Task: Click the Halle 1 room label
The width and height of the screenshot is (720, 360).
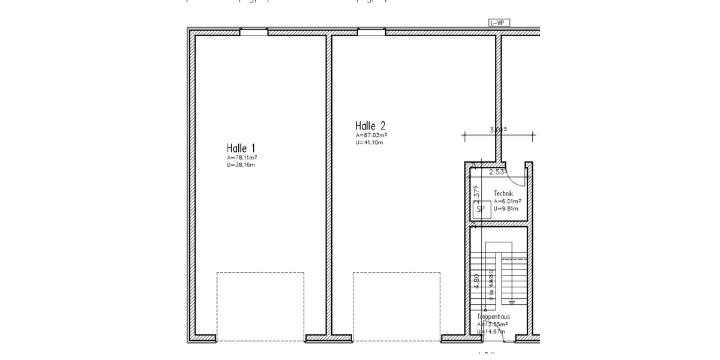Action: coord(241,148)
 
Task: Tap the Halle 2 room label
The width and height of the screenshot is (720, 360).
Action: coord(370,126)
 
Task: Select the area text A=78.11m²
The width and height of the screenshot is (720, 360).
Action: coord(242,158)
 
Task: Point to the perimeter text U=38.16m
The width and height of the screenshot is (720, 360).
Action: coord(241,164)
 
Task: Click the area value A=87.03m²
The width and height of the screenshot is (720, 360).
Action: coord(371,136)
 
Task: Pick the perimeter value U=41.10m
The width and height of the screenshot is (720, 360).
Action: coord(370,142)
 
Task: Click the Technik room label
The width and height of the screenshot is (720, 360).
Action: coord(503,193)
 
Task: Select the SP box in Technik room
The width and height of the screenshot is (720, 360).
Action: coord(480,209)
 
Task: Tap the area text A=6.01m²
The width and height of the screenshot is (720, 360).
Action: coord(507,202)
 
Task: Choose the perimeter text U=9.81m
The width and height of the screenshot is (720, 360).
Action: coord(506,209)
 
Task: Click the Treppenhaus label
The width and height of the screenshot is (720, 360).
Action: coord(493,316)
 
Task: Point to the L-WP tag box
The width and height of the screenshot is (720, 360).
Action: coord(499,23)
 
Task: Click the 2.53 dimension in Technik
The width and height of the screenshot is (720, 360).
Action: coord(498,172)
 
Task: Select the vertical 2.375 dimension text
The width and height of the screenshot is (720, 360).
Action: coord(476,196)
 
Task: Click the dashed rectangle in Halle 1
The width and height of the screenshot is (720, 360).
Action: coord(260,306)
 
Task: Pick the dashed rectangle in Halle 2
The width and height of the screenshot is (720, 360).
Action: coord(397,306)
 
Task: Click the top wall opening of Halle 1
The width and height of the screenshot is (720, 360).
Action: coord(254,31)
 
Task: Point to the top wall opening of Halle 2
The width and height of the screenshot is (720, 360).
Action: coord(372,31)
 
